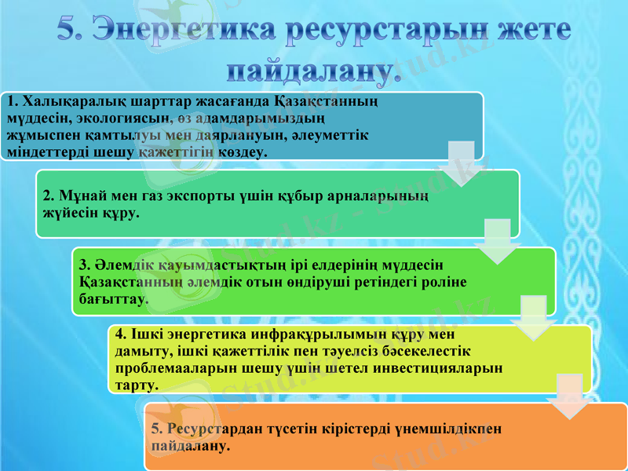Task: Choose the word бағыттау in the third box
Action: pyautogui.click(x=112, y=299)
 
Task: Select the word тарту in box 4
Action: pyautogui.click(x=135, y=385)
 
